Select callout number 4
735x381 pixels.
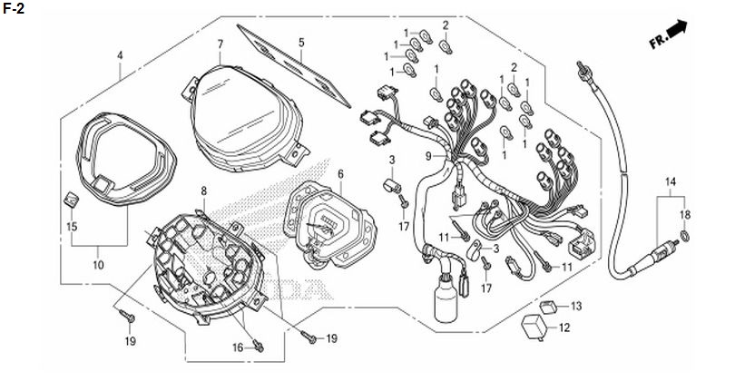coord(120,54)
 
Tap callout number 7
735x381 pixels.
coord(220,44)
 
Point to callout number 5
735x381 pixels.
coord(301,42)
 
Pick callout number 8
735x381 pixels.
coord(204,190)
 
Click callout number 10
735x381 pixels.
coord(97,265)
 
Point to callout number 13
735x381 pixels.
coord(576,305)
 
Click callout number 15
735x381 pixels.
coord(72,224)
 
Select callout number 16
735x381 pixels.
coord(239,347)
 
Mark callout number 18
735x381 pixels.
coord(686,214)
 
